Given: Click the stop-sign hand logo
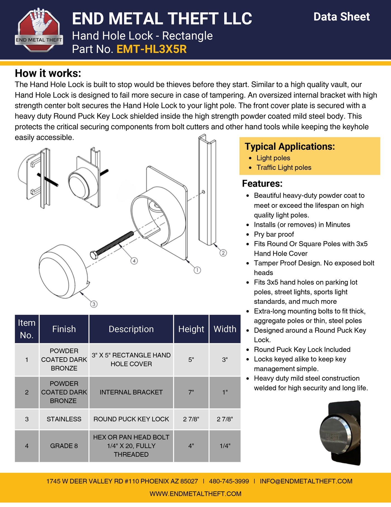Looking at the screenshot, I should click(39, 30).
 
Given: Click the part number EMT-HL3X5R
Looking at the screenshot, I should click(151, 49).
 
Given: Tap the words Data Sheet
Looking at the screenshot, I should click(341, 17).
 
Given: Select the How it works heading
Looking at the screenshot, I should click(48, 73).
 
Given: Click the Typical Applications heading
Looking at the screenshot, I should click(290, 147).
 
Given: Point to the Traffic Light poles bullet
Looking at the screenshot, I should click(283, 167).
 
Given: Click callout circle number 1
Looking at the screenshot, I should click(197, 270).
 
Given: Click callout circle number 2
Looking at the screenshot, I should click(223, 253).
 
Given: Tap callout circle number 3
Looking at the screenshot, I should click(94, 304).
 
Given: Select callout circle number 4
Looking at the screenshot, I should click(134, 261).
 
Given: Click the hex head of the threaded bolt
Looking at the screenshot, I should click(94, 255).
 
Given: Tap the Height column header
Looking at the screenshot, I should click(191, 329).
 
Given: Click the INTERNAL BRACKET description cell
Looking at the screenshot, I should click(131, 392).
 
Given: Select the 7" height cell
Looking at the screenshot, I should click(191, 392).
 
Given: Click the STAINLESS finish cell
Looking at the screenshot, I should click(64, 419).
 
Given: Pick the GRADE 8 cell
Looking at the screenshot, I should click(64, 446).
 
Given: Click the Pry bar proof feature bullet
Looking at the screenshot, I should click(274, 234).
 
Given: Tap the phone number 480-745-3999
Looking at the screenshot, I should click(229, 481).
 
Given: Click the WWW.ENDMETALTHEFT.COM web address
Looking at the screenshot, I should click(195, 494).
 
